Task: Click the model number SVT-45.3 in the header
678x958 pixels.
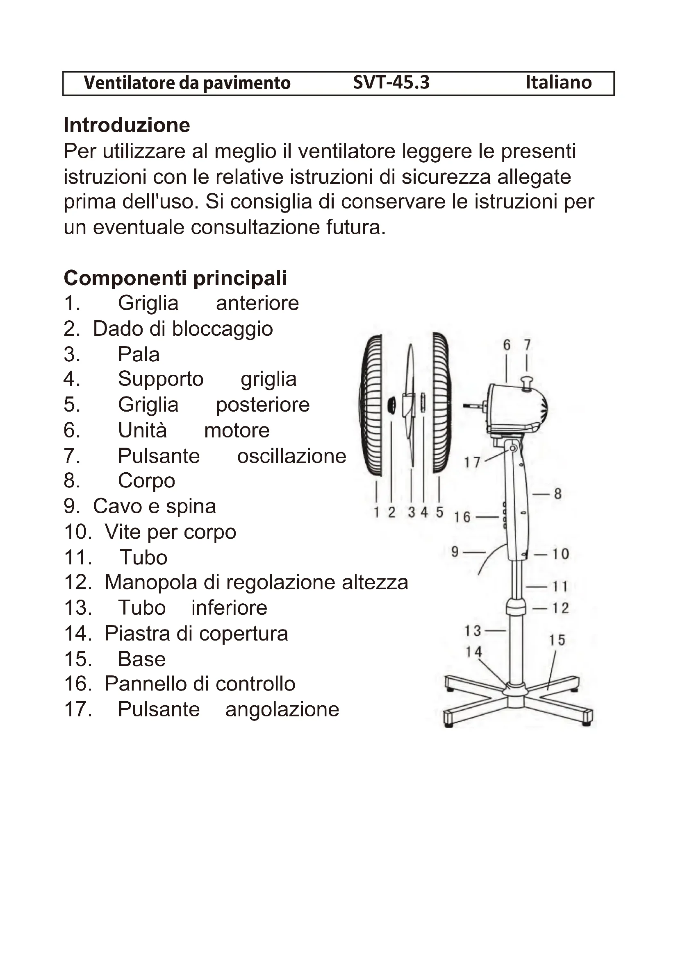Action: tap(391, 83)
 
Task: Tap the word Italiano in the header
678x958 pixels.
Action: tap(558, 83)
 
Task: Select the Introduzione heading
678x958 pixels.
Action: tap(127, 125)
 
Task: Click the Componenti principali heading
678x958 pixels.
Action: tap(175, 278)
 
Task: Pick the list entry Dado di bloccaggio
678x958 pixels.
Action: tap(182, 329)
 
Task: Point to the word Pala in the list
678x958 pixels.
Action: tap(139, 354)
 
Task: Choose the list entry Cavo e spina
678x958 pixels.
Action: tap(154, 506)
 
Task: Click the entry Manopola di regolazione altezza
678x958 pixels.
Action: tap(256, 582)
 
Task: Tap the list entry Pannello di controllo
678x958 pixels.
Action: tap(200, 684)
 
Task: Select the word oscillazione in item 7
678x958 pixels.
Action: tap(291, 455)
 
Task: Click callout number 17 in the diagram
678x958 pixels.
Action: tap(472, 462)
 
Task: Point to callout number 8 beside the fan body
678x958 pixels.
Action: tap(558, 494)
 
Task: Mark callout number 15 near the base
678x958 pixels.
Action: tap(557, 640)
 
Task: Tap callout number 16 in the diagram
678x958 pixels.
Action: tap(462, 517)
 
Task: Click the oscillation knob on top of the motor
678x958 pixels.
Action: tap(527, 383)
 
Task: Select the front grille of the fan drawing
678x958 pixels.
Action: tap(371, 405)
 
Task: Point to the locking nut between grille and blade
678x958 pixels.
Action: tap(391, 405)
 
